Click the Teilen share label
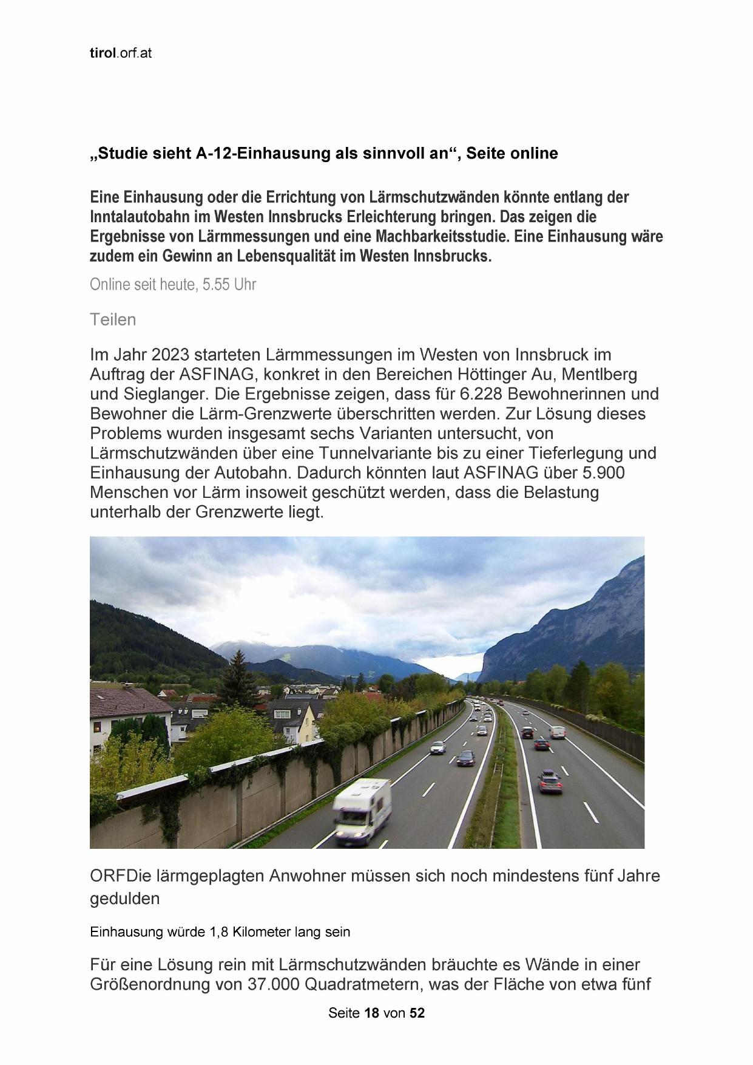[113, 319]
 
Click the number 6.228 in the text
[481, 394]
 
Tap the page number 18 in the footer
[371, 1013]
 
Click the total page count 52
[417, 1013]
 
